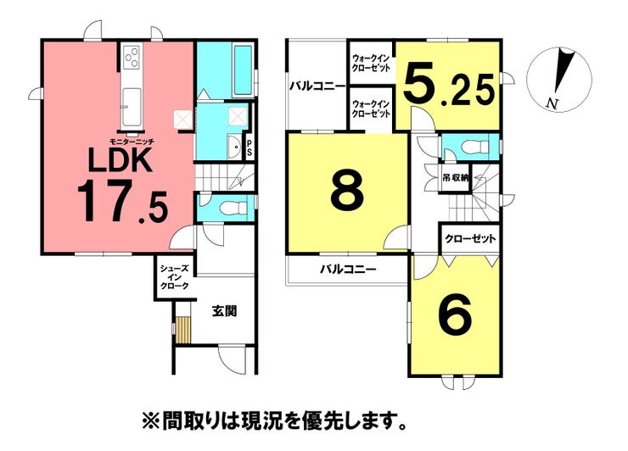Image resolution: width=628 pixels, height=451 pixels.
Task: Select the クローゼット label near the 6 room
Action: (469, 239)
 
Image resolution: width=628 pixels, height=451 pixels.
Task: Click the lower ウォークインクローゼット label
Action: (371, 109)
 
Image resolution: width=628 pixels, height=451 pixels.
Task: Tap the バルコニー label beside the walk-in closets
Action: (317, 86)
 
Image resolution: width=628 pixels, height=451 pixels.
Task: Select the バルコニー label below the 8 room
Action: (348, 270)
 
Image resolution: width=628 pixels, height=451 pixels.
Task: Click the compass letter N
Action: (552, 104)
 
